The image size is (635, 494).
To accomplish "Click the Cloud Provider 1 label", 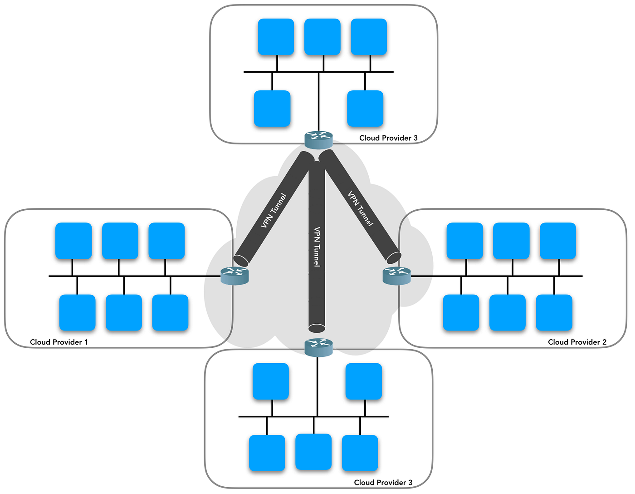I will point(59,342).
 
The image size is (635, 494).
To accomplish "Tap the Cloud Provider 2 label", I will point(577,342).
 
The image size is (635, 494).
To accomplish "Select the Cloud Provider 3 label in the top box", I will point(388,138).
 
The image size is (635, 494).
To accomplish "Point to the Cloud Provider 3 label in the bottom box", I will point(383,482).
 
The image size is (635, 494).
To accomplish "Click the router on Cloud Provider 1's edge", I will point(234,276).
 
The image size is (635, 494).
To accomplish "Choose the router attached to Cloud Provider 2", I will point(396,276).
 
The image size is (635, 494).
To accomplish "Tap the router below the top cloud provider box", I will point(318,140).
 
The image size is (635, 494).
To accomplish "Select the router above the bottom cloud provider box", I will point(318,347).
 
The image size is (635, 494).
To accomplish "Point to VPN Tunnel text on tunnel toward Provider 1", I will point(274,211).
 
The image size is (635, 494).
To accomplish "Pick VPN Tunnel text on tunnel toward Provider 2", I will point(361,209).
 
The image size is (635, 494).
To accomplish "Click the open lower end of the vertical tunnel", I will point(317,328).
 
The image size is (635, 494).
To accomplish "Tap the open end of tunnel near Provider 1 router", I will point(241,260).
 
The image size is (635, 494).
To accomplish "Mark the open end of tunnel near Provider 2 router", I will point(393,257).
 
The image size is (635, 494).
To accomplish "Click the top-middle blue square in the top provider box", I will point(322,37).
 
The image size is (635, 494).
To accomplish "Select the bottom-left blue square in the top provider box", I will point(272,109).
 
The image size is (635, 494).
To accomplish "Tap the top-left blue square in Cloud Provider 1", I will point(73,241).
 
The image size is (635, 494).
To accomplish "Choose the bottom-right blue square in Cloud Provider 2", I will point(554,312).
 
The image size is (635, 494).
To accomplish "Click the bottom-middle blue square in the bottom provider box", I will point(313,452).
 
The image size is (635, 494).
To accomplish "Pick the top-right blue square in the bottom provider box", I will point(364,381).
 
